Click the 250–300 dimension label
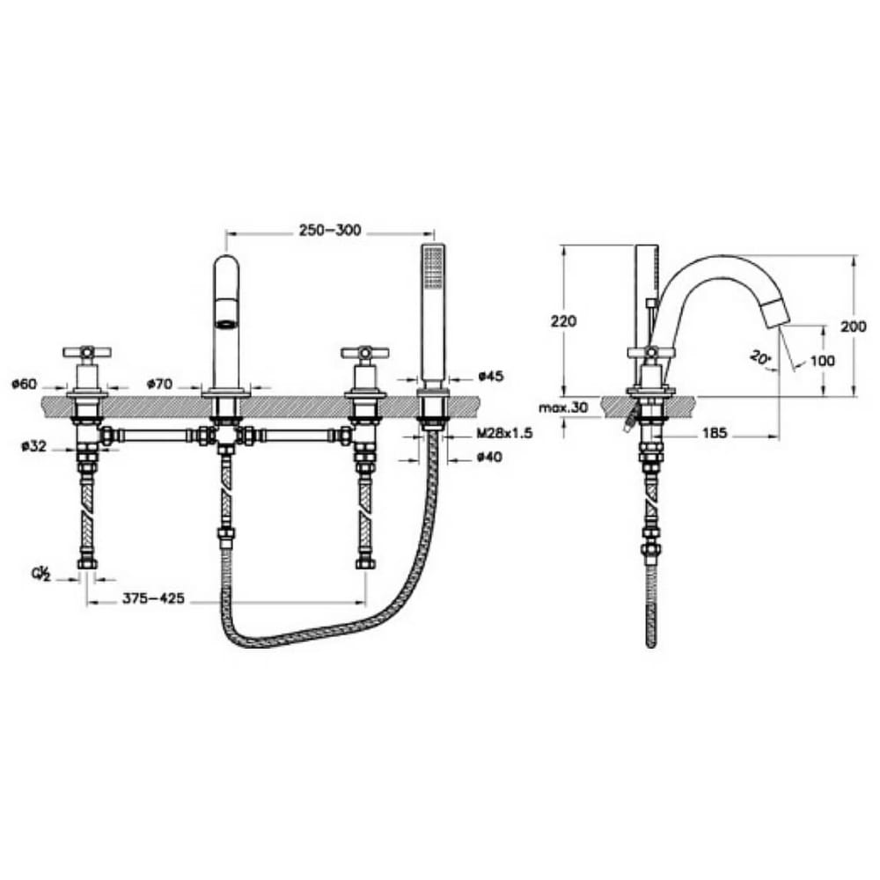330,230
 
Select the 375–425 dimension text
153,598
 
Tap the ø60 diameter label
24,385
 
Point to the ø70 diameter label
159,385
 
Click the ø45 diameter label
491,376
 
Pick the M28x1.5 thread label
504,433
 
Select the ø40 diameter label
489,458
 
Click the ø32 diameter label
33,446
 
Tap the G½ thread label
41,575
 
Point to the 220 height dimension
563,321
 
